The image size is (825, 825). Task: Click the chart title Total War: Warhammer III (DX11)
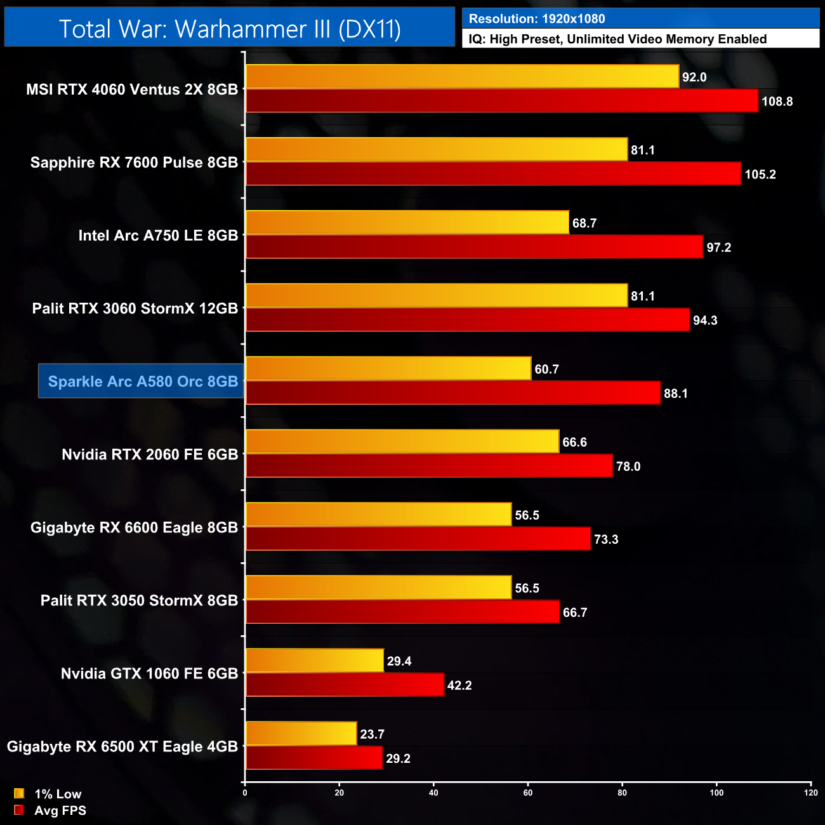point(230,29)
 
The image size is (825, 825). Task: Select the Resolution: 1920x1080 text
point(537,19)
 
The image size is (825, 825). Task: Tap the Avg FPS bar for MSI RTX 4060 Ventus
point(501,101)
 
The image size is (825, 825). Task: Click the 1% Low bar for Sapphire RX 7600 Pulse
point(437,150)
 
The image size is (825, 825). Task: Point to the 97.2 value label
point(718,247)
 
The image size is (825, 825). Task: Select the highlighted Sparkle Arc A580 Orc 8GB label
point(142,381)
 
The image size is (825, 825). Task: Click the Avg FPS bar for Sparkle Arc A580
point(453,393)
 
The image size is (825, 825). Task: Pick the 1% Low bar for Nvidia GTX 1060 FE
point(315,661)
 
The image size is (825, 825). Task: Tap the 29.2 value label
point(398,758)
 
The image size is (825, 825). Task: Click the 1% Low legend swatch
point(19,793)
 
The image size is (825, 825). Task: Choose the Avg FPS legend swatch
point(19,810)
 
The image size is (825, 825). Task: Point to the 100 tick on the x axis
point(716,793)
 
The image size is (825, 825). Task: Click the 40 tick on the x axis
point(433,793)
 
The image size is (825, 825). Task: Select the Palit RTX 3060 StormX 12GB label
point(135,308)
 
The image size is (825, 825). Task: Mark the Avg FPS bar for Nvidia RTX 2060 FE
point(430,466)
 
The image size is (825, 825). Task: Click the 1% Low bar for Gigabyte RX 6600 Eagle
point(378,515)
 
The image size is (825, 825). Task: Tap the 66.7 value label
point(574,612)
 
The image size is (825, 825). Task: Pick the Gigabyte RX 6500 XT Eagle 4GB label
point(122,746)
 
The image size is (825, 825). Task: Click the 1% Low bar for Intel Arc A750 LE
point(407,223)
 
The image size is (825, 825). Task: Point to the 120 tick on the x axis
point(810,793)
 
